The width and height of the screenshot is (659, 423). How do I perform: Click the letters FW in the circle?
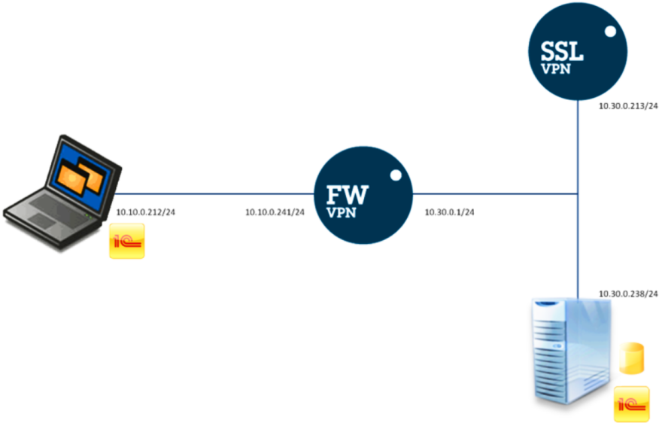pos(347,194)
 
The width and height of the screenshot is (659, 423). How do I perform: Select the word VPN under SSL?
pos(555,68)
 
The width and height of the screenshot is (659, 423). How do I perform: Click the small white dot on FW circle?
pos(396,178)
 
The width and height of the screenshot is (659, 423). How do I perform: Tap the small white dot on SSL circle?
pos(611,33)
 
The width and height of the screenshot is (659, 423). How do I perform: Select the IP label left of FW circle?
pos(275,213)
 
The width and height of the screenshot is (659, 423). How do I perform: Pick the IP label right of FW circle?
pos(449,213)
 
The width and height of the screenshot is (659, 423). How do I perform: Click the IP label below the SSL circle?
pos(628,107)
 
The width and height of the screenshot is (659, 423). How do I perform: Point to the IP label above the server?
pos(628,293)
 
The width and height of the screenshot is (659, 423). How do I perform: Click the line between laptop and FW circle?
pos(218,194)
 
